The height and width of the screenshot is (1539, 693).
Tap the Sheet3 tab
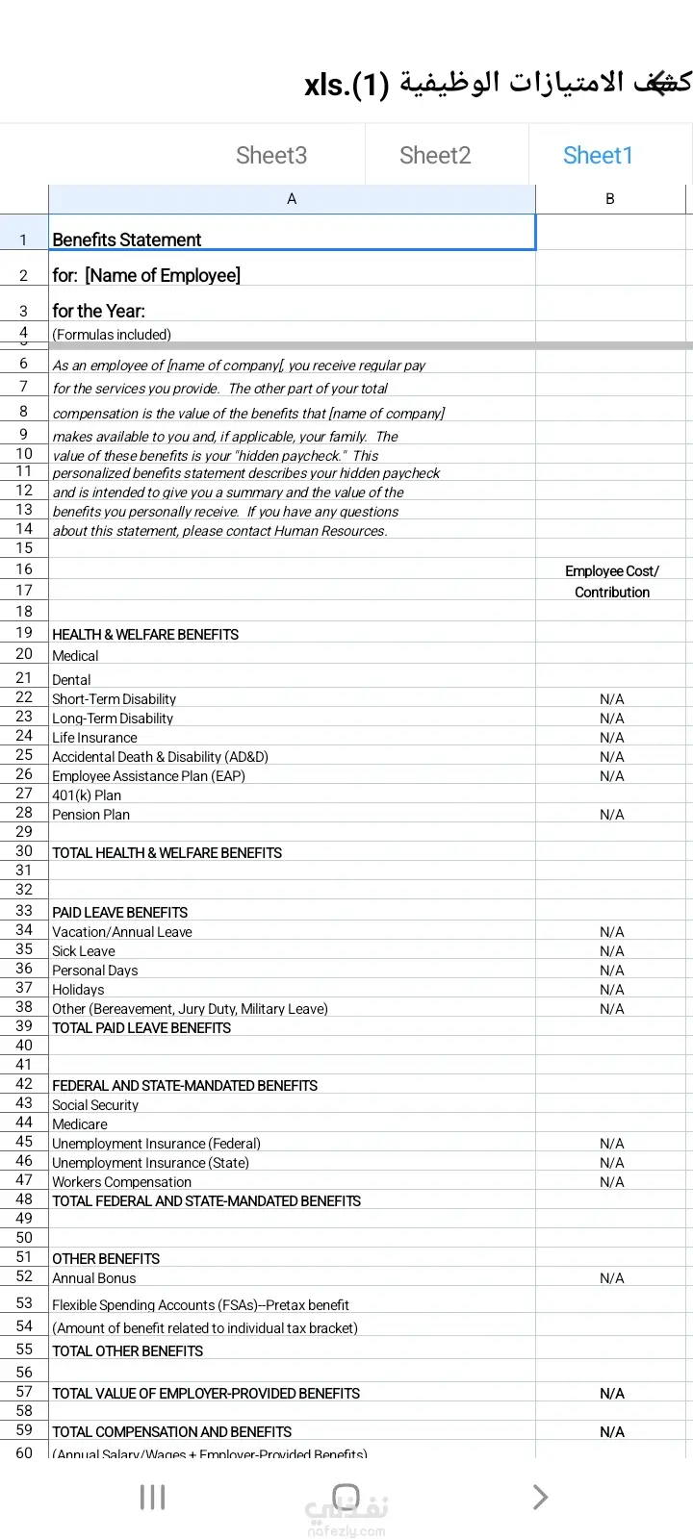pyautogui.click(x=271, y=156)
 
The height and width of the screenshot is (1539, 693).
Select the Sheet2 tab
pyautogui.click(x=435, y=156)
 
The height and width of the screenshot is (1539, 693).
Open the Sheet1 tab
pyautogui.click(x=598, y=156)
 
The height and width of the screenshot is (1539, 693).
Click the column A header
pyautogui.click(x=292, y=199)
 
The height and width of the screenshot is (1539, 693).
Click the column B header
pyautogui.click(x=609, y=199)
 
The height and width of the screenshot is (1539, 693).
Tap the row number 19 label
pyautogui.click(x=24, y=633)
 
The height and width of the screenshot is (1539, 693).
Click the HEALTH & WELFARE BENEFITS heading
pyautogui.click(x=145, y=635)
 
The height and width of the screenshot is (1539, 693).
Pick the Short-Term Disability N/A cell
pyautogui.click(x=611, y=699)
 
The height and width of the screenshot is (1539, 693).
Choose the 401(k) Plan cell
pyautogui.click(x=87, y=795)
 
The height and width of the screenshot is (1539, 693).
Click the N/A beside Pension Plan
pyautogui.click(x=611, y=815)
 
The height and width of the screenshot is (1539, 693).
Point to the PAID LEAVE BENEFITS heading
pyautogui.click(x=120, y=913)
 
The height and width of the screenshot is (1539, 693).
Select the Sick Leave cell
pyautogui.click(x=84, y=951)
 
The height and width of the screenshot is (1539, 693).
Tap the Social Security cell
pyautogui.click(x=95, y=1105)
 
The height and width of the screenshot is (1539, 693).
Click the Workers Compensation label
pyautogui.click(x=121, y=1182)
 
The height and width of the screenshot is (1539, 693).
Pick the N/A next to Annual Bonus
pyautogui.click(x=611, y=1278)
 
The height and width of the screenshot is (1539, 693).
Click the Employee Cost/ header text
pyautogui.click(x=612, y=571)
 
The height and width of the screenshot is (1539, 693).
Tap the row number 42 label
pyautogui.click(x=24, y=1084)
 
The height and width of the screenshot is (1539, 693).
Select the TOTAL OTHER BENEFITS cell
pyautogui.click(x=128, y=1351)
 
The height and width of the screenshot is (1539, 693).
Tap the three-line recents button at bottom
pyautogui.click(x=152, y=1497)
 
